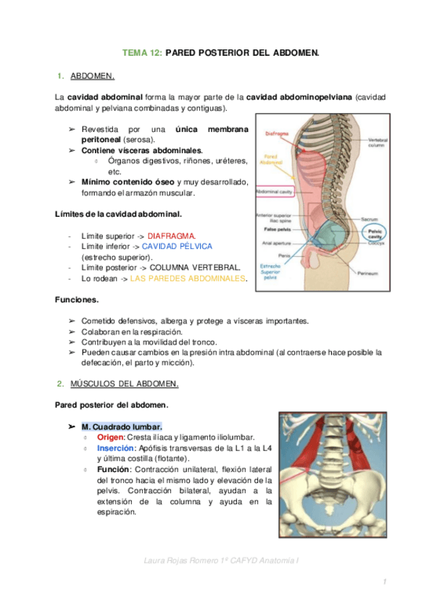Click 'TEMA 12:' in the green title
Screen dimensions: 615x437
point(142,53)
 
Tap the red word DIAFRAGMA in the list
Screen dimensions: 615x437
point(172,236)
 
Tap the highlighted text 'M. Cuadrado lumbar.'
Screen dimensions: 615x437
point(122,426)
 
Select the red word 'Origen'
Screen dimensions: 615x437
point(110,437)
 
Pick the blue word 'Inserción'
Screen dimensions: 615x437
point(115,448)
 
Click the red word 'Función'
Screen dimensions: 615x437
point(113,469)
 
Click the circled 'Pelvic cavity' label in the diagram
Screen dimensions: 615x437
point(375,233)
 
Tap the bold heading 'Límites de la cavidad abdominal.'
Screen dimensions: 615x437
point(118,215)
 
